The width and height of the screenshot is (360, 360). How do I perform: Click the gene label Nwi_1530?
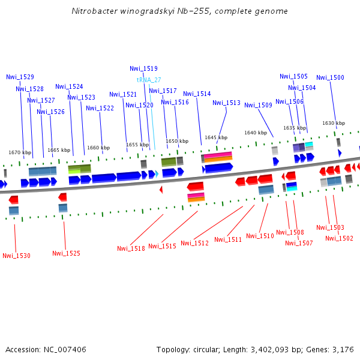(x=16, y=256)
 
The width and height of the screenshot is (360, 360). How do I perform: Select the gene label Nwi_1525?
(x=66, y=253)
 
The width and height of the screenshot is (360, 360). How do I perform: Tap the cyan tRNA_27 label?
(x=149, y=80)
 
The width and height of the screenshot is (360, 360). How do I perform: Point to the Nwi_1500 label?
(x=330, y=77)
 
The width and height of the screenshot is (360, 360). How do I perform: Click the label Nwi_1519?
(x=143, y=68)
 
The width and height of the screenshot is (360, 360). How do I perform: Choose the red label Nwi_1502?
(x=339, y=238)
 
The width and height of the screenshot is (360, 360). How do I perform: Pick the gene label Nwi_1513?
(x=226, y=103)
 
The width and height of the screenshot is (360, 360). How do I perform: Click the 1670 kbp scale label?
(x=20, y=152)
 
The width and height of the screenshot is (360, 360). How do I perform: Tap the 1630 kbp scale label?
(x=334, y=123)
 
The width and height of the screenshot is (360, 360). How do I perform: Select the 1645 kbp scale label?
(x=216, y=137)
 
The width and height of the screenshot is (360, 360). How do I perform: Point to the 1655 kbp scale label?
(x=137, y=145)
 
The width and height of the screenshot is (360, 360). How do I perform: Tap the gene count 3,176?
(x=343, y=349)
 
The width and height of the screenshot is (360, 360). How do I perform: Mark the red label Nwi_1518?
(x=131, y=248)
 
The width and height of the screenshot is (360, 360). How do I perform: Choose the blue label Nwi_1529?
(x=20, y=77)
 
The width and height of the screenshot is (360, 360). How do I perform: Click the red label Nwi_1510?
(x=260, y=236)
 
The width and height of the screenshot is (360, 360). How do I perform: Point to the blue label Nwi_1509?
(x=258, y=105)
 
